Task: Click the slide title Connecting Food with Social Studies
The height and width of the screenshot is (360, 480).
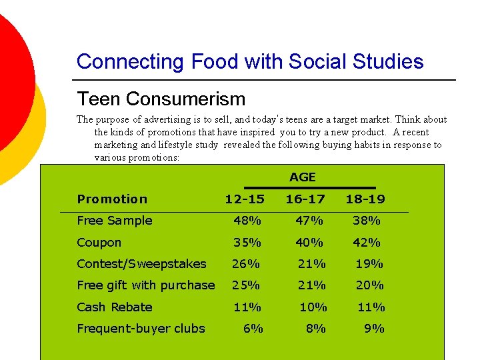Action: click(250, 62)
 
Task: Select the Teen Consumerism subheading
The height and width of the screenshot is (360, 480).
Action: click(161, 99)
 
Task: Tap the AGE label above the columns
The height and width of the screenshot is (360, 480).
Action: click(302, 177)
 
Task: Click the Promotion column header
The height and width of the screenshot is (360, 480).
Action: click(112, 199)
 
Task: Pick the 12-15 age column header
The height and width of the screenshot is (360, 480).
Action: click(245, 199)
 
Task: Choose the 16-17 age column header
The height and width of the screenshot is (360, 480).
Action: click(306, 199)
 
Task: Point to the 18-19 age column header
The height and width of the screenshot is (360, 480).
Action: click(365, 199)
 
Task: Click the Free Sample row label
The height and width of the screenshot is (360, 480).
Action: click(115, 221)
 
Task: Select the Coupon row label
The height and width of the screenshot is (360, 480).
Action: click(99, 243)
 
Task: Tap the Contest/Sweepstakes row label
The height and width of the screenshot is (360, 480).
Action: click(141, 264)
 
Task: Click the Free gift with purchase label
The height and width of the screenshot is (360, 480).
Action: click(145, 285)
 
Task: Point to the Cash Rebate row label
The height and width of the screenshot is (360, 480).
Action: click(115, 307)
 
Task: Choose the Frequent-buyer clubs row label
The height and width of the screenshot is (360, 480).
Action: click(141, 328)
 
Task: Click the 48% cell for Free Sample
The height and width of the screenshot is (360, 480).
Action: click(247, 221)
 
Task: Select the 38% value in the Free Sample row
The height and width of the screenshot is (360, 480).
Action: click(367, 221)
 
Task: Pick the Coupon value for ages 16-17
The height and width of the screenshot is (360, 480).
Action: click(309, 243)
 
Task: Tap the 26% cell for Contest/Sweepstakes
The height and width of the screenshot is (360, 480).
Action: click(245, 264)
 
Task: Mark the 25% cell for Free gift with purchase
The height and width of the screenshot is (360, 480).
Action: click(245, 285)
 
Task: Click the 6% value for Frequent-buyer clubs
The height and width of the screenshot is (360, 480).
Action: click(253, 328)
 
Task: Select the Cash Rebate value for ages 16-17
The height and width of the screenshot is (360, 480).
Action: click(313, 307)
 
